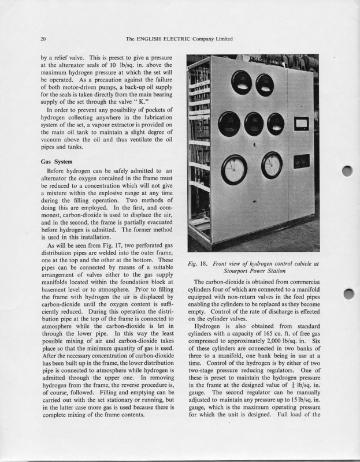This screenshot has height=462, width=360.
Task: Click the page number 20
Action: click(43, 39)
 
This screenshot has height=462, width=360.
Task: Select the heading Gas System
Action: click(56, 162)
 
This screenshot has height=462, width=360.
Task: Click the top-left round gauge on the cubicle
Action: click(240, 82)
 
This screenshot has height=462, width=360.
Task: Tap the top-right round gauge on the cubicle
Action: click(265, 85)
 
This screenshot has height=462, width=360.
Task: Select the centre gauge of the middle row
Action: click(254, 122)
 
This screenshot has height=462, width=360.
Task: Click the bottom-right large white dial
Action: click(272, 165)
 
